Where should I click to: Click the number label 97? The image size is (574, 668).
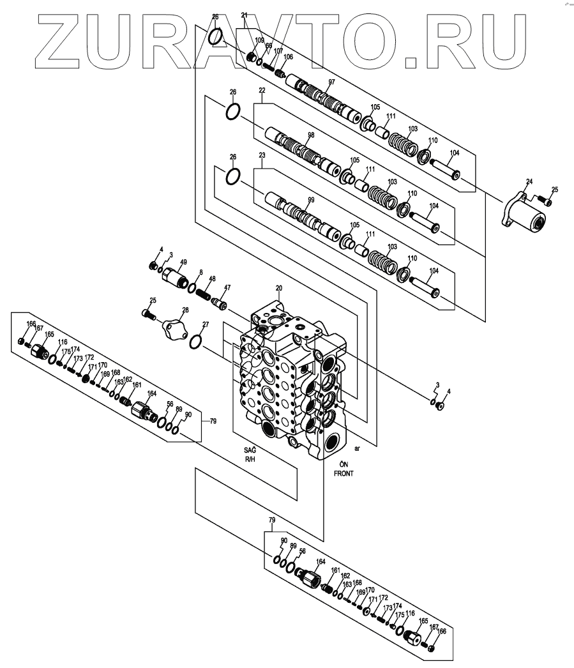point(331,82)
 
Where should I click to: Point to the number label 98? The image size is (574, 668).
point(311,135)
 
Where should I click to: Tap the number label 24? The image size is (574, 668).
point(528,181)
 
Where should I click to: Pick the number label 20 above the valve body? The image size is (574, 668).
point(278,288)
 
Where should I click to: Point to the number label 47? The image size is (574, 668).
point(227,287)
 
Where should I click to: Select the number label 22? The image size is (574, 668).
point(262,91)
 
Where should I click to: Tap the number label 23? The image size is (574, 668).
point(262,155)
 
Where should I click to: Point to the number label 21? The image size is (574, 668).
point(244,15)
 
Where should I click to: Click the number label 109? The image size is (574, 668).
point(259,41)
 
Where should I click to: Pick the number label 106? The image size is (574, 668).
point(289,57)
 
